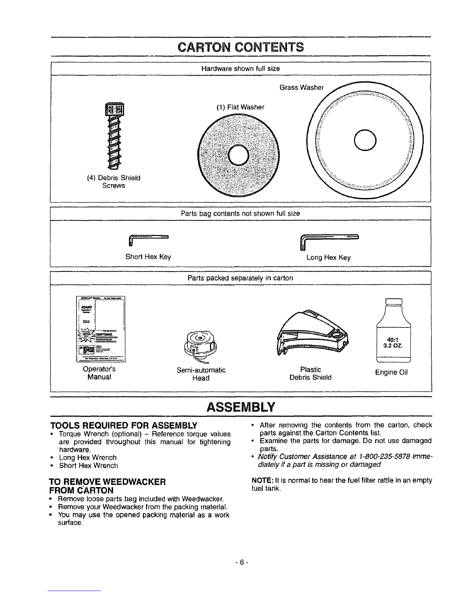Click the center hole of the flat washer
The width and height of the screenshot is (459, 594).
click(238, 155)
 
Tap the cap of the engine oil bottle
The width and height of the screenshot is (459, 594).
click(393, 301)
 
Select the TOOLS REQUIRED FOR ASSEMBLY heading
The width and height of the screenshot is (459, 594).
click(124, 425)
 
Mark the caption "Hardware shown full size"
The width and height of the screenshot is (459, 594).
click(240, 69)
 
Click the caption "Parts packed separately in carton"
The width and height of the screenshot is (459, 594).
click(240, 278)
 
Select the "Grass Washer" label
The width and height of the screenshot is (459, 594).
click(301, 88)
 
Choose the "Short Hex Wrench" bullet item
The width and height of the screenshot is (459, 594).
click(88, 465)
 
